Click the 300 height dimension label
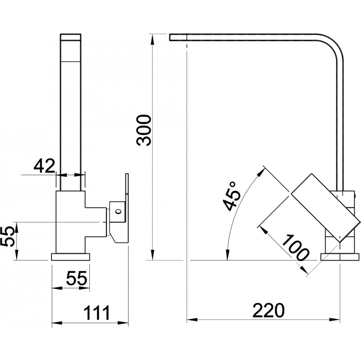tap(143, 130)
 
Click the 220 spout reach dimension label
tap(268, 310)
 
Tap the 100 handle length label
tap(295, 247)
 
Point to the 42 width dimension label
tap(44, 166)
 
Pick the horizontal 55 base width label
tap(77, 278)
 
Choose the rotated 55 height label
tap(8, 236)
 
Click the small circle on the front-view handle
tap(118, 211)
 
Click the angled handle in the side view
tap(325, 208)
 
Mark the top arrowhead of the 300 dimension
tap(152, 39)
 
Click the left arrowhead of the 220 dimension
tap(192, 320)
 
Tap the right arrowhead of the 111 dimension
tap(123, 323)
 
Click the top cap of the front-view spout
tap(71, 37)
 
